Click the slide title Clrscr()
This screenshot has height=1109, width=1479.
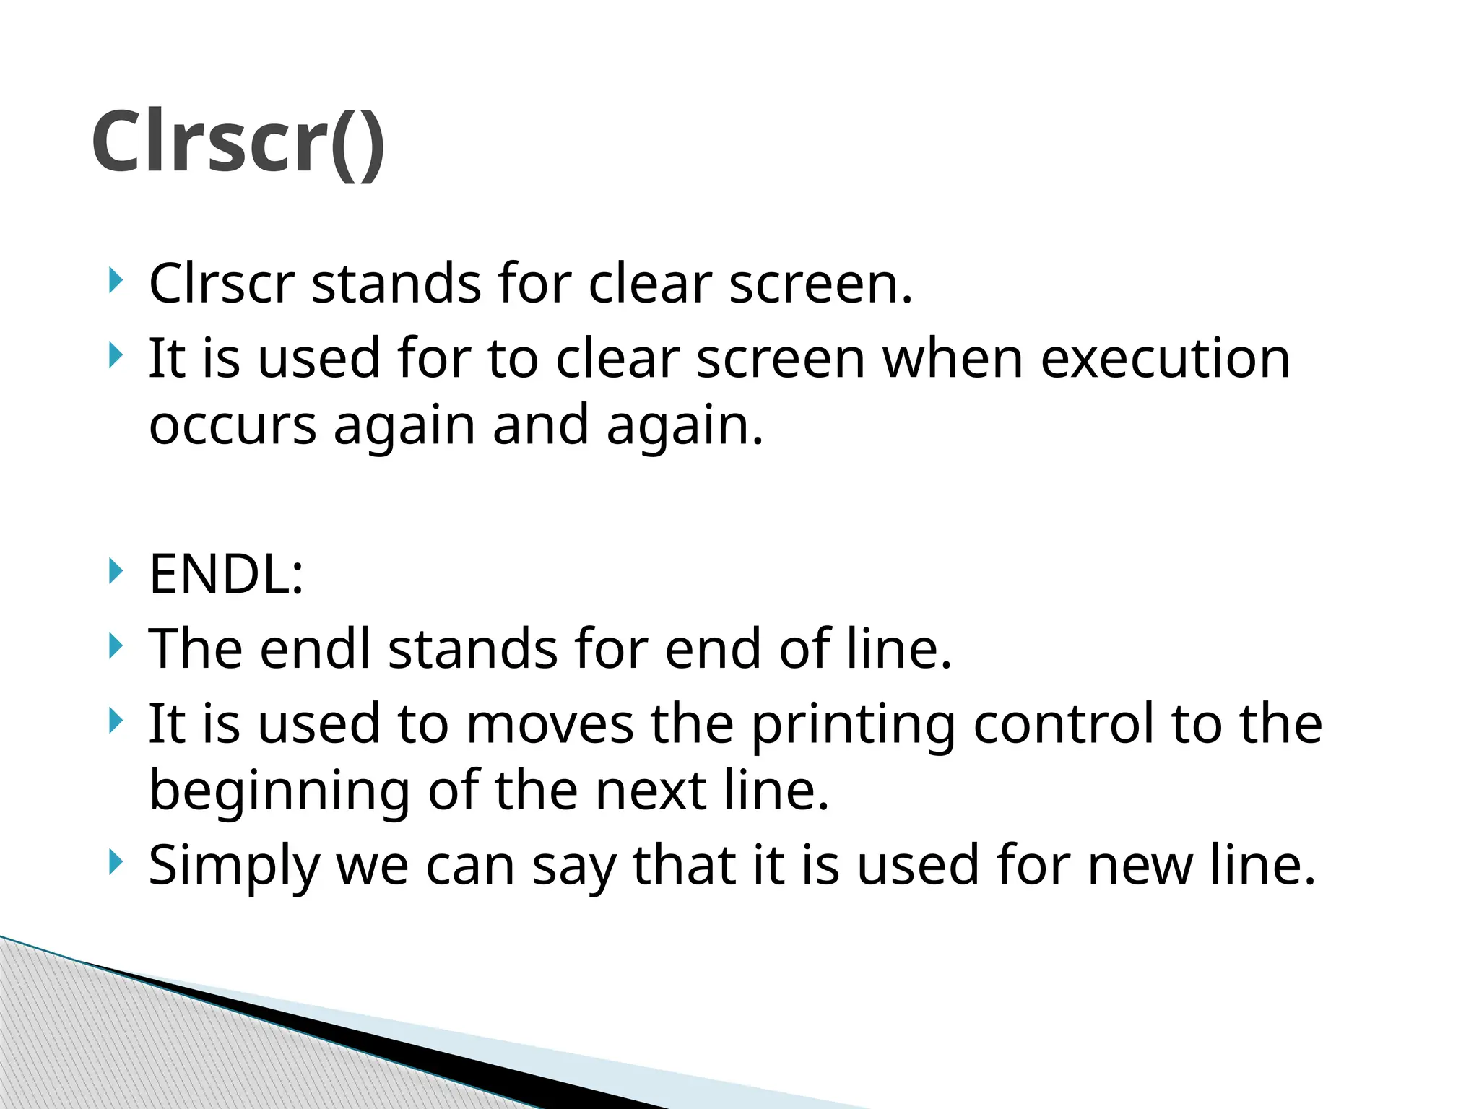click(x=238, y=142)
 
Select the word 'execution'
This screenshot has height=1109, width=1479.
click(x=1164, y=358)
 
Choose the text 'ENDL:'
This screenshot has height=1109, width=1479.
click(x=226, y=575)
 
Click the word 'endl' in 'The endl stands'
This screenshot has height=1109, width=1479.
click(x=315, y=648)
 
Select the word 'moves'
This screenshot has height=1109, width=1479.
click(x=550, y=723)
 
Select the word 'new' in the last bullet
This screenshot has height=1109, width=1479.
click(x=1140, y=865)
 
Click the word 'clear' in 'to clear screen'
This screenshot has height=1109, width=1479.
click(x=617, y=358)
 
